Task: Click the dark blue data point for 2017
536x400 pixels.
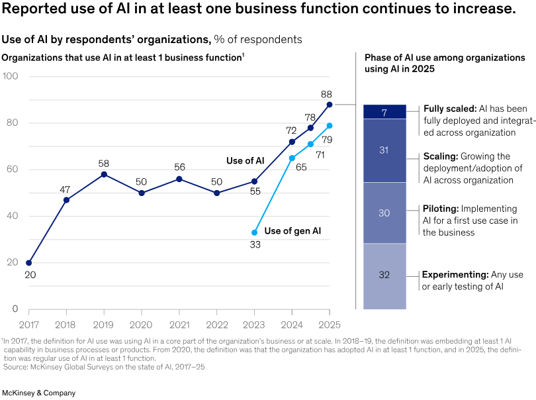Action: [28, 263]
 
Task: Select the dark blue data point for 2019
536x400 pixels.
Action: [104, 174]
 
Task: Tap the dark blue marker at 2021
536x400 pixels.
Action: [179, 179]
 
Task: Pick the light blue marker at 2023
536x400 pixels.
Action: [254, 232]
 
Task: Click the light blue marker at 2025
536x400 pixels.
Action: [329, 126]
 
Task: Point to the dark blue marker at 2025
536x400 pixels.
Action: [329, 105]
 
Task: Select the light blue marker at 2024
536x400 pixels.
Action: [292, 158]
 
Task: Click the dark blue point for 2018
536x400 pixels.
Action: [66, 200]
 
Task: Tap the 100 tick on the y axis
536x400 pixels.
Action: [11, 77]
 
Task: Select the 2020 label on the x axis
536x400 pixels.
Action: [142, 325]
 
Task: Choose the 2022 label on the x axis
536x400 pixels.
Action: [216, 325]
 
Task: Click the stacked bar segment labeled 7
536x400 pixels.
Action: [384, 112]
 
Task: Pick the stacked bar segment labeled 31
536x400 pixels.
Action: [384, 150]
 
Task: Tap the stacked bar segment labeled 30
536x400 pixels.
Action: [384, 213]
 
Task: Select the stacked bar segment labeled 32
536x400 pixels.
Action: [384, 275]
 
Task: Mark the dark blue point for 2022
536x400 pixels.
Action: [216, 193]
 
